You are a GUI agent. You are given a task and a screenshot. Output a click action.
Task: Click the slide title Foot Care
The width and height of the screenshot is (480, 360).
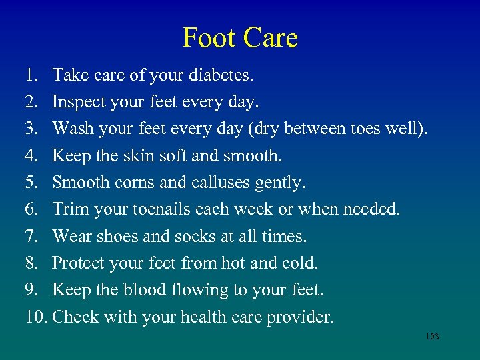coord(240,38)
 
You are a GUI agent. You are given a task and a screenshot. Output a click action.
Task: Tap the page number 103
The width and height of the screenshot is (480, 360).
coord(432,337)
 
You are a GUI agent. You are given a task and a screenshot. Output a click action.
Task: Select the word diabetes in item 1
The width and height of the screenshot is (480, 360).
coord(221,75)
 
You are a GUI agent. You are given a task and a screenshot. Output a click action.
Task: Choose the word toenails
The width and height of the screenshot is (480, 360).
coord(162,209)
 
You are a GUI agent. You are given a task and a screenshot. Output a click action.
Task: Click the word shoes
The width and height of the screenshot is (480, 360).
coord(118,236)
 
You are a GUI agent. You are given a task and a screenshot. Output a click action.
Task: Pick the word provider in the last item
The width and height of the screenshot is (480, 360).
coord(300,317)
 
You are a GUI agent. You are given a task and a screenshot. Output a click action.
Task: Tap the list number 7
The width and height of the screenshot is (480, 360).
coord(31,236)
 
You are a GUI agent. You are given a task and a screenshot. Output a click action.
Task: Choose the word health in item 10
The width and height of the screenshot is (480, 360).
coord(198,317)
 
